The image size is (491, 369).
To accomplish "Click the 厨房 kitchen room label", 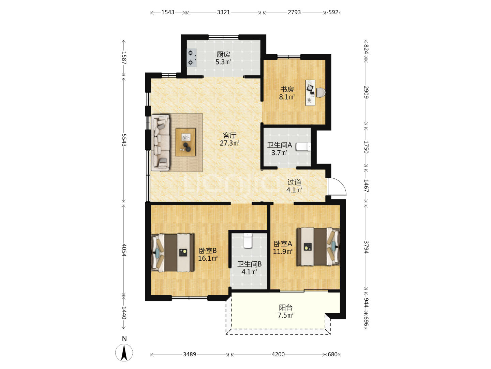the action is [223, 54].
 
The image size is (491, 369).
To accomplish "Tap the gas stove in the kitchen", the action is [192, 58].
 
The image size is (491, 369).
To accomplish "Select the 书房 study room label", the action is [287, 89].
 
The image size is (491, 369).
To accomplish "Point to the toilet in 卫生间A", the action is [303, 147].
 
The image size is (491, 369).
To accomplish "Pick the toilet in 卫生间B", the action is [248, 241].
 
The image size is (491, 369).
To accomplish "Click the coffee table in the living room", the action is [185, 142].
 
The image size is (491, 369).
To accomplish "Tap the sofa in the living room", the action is [160, 143].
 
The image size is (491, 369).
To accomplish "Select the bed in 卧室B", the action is [173, 253].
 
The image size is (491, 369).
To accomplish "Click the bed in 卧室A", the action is [318, 247].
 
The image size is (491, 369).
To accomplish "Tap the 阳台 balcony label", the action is [286, 307].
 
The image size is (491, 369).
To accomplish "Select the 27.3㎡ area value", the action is [229, 143].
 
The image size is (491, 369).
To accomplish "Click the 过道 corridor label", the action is [294, 182].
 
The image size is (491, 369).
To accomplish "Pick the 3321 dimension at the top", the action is [223, 12].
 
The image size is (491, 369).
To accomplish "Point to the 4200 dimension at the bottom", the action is [278, 354].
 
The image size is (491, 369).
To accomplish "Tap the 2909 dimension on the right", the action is [366, 92].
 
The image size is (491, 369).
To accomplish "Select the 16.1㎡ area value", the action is [208, 258].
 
